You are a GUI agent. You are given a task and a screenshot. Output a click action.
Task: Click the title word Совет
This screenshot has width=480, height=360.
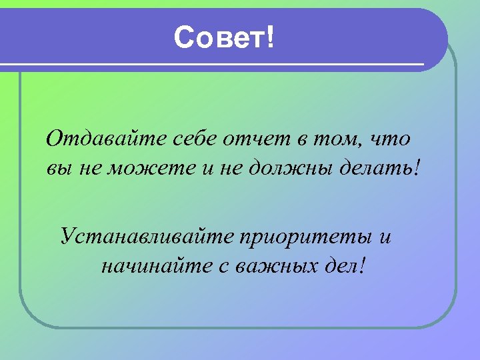pyautogui.click(x=219, y=39)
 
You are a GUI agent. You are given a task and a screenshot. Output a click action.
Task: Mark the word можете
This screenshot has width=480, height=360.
pyautogui.click(x=161, y=168)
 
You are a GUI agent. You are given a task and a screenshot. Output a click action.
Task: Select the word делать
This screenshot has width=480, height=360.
pyautogui.click(x=380, y=168)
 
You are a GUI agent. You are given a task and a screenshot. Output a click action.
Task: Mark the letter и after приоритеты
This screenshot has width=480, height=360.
pyautogui.click(x=383, y=236)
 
